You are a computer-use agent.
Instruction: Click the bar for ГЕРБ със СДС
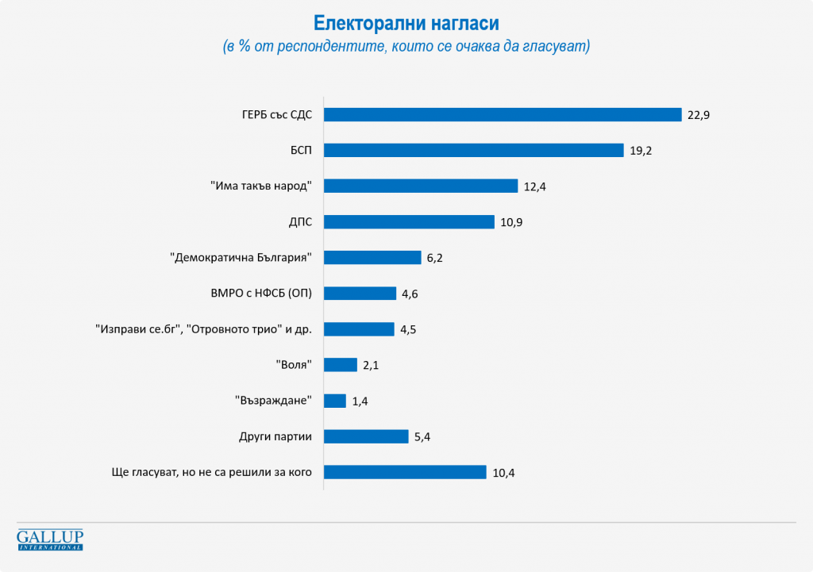click(x=503, y=114)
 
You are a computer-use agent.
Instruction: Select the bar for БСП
click(x=474, y=150)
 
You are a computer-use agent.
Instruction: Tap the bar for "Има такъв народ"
click(x=421, y=186)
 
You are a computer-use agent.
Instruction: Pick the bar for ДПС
click(x=410, y=221)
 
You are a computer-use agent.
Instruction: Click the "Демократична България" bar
click(x=372, y=257)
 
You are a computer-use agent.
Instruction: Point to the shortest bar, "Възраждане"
click(x=335, y=401)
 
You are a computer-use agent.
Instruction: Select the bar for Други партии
click(x=366, y=436)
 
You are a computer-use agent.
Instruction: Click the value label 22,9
click(x=699, y=115)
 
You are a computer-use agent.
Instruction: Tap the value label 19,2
click(x=641, y=151)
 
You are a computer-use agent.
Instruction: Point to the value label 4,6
click(x=410, y=294)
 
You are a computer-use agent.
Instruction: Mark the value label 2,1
click(x=372, y=365)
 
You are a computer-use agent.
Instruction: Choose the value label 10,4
click(x=503, y=473)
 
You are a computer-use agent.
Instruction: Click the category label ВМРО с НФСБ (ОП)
click(x=256, y=294)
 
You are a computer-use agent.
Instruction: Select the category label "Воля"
click(x=294, y=365)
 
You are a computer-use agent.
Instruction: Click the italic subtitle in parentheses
click(x=406, y=47)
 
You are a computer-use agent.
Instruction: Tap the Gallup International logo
click(x=50, y=539)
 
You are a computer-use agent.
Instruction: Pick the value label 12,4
click(x=535, y=186)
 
